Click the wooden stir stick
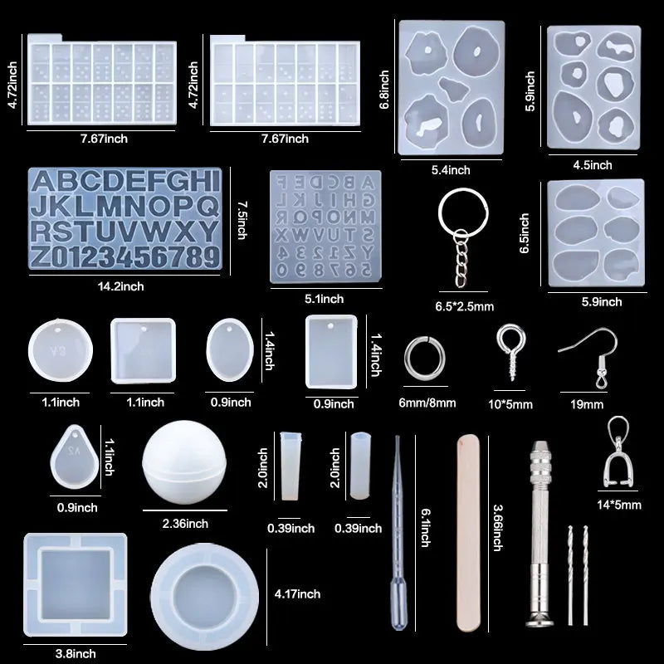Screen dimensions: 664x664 click(468, 534)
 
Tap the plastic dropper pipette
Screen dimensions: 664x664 click(398, 534)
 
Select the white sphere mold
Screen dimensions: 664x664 click(184, 462)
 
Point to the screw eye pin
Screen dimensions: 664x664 click(510, 351)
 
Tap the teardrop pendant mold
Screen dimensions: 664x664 click(75, 457)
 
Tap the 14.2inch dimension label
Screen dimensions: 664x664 click(120, 286)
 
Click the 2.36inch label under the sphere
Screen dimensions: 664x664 click(185, 524)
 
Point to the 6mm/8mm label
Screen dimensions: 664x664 click(427, 403)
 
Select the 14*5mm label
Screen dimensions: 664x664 click(618, 505)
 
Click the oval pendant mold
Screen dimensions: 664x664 click(230, 350)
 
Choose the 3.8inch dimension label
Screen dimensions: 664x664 click(76, 654)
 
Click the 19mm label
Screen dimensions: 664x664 click(587, 404)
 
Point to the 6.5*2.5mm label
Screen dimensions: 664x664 click(465, 306)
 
